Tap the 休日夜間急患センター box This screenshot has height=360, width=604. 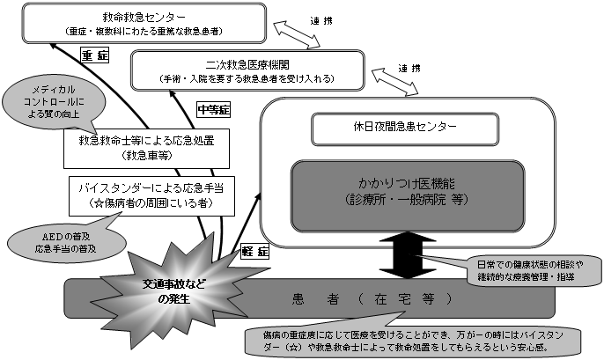(387, 127)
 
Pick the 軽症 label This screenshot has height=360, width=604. (253, 251)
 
